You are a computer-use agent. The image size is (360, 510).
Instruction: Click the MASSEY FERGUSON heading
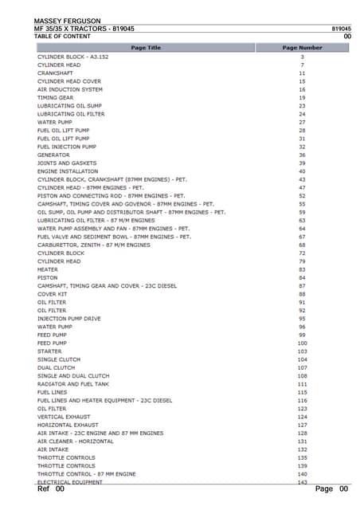pyautogui.click(x=68, y=20)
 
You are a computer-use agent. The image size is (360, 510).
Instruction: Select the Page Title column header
pyautogui.click(x=146, y=48)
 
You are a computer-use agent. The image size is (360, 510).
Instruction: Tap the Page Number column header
pyautogui.click(x=303, y=48)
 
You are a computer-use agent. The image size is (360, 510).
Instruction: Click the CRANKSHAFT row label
pyautogui.click(x=55, y=73)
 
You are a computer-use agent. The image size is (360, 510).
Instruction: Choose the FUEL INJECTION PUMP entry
pyautogui.click(x=67, y=147)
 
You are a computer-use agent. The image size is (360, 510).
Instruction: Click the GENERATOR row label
pyautogui.click(x=53, y=155)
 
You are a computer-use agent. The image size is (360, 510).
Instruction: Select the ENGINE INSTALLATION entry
pyautogui.click(x=68, y=171)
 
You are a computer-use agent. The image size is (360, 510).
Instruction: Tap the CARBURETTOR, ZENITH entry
pyautogui.click(x=93, y=245)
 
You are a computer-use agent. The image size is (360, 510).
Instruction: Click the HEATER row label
pyautogui.click(x=48, y=269)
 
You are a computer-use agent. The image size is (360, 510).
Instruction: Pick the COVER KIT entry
pyautogui.click(x=52, y=294)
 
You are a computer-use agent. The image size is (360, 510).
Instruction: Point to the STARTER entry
pyautogui.click(x=49, y=351)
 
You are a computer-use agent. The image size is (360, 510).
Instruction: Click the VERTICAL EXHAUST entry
pyautogui.click(x=61, y=417)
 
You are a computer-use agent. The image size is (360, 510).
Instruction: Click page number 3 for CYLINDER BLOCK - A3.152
pyautogui.click(x=303, y=57)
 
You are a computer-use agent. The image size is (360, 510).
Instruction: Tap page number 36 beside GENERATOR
pyautogui.click(x=303, y=155)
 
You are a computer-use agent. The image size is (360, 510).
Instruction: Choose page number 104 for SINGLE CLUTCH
pyautogui.click(x=303, y=359)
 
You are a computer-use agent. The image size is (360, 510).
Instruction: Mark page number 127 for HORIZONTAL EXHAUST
pyautogui.click(x=303, y=425)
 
